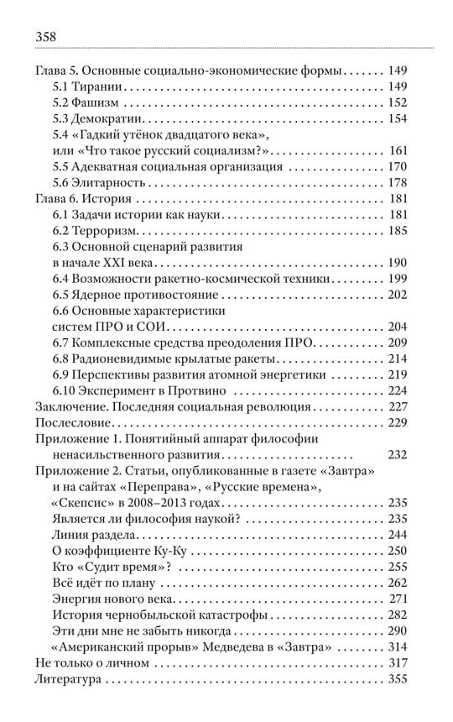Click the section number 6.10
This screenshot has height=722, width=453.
(x=65, y=391)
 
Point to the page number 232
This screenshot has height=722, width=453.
(x=397, y=455)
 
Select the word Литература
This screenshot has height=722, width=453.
(x=73, y=679)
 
